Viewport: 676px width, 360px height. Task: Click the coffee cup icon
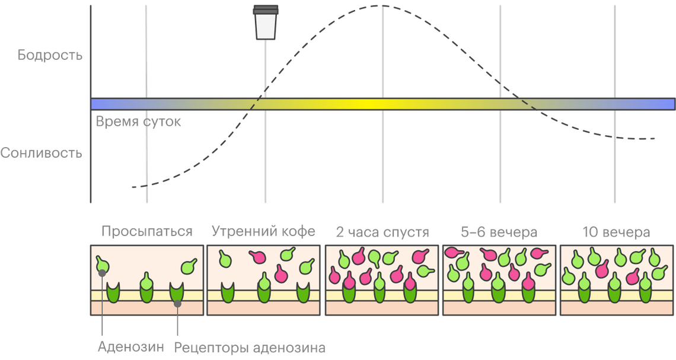click(266, 24)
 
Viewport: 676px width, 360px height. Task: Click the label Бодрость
click(50, 56)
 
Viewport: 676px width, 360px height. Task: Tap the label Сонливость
click(42, 153)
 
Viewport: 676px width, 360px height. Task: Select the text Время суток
click(138, 122)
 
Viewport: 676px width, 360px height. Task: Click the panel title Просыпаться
click(146, 231)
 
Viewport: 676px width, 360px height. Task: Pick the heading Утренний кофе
click(264, 231)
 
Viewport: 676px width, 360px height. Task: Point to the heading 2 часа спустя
click(381, 231)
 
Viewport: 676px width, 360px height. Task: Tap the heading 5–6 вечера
click(499, 231)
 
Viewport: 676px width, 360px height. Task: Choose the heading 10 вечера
click(617, 231)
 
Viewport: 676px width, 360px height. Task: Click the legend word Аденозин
click(131, 348)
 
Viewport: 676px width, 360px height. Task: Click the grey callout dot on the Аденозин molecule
click(103, 273)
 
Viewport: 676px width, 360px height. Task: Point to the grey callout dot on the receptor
click(177, 304)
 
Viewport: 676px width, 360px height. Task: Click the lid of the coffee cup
click(266, 9)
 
